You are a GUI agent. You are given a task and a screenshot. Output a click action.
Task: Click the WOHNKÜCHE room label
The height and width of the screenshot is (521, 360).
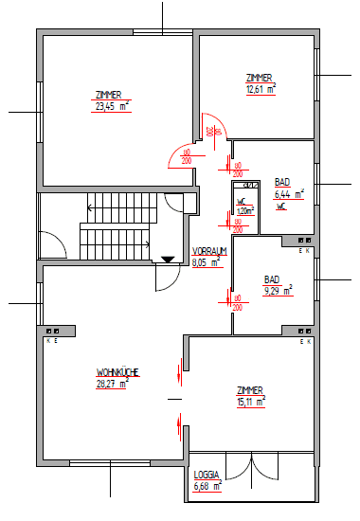tap(117, 373)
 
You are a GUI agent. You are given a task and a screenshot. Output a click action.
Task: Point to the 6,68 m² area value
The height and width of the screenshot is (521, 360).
tap(207, 487)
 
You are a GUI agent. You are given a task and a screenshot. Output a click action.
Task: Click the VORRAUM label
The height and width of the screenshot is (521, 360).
tap(209, 250)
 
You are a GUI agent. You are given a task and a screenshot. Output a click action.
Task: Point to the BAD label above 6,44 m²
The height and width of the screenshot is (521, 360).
tap(282, 182)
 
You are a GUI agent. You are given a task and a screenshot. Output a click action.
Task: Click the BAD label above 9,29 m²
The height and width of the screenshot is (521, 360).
tap(273, 280)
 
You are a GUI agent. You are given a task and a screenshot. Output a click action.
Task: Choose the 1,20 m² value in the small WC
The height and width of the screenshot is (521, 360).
tap(243, 209)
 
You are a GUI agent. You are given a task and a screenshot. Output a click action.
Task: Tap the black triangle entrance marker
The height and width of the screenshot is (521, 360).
tap(168, 258)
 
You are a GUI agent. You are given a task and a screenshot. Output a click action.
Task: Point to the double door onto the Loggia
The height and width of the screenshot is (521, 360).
tap(252, 467)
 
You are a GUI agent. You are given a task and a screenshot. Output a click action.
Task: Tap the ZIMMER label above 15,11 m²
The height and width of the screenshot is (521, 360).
tap(251, 390)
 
